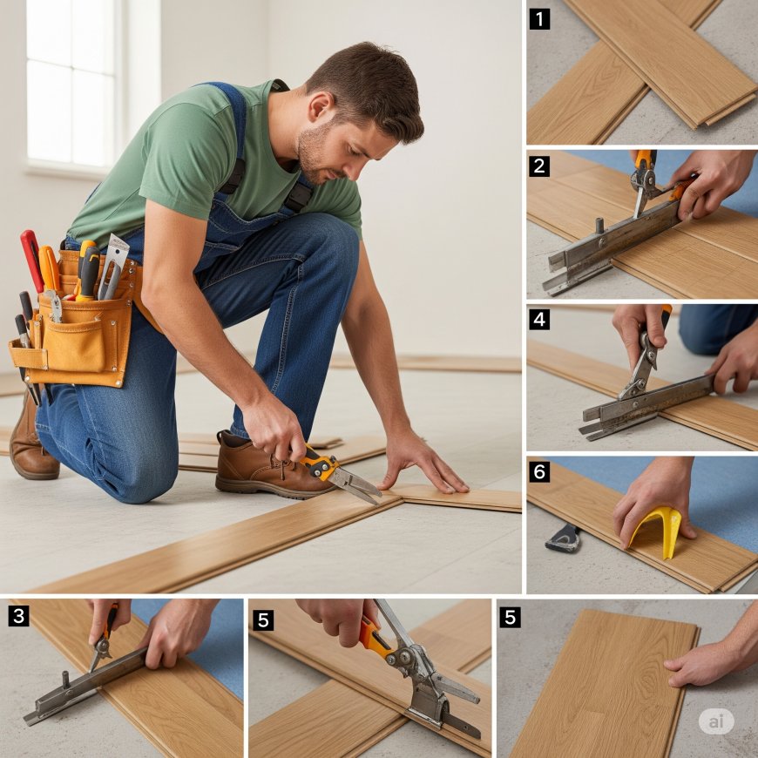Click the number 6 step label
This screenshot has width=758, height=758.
539,472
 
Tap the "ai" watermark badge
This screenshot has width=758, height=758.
716,721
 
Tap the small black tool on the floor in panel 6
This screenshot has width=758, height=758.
564,538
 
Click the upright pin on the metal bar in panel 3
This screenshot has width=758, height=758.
66,676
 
